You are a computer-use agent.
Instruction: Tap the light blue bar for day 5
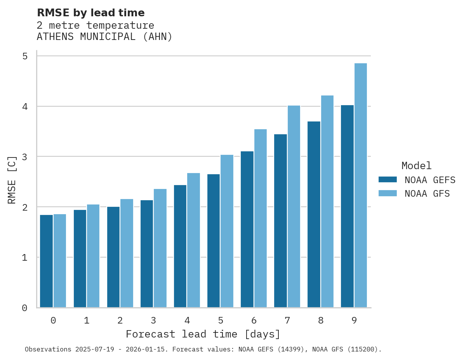point(227,231)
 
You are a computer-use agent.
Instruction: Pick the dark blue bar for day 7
point(280,221)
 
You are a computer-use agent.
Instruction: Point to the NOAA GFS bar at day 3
point(160,248)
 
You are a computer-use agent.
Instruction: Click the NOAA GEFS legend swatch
point(388,180)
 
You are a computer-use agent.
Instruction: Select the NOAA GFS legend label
point(427,194)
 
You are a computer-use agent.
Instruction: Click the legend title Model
point(416,166)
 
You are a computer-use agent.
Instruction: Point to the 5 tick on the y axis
point(25,56)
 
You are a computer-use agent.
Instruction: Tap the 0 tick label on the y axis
point(25,308)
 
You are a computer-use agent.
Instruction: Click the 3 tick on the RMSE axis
point(25,157)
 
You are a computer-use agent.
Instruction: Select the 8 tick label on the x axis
point(321,320)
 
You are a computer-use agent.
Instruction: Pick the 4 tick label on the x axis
point(187,320)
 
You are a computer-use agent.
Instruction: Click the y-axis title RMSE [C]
point(12,180)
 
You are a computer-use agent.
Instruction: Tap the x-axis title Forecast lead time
point(203,334)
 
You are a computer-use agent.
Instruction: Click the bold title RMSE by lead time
point(90,13)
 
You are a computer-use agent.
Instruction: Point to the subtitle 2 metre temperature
point(95,26)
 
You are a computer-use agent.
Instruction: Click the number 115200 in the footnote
point(362,350)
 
